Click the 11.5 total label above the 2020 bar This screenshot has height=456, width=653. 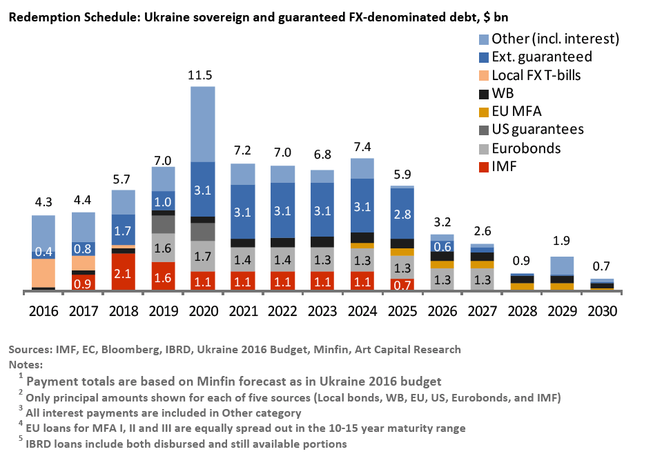point(202,74)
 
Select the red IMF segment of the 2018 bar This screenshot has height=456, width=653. point(123,271)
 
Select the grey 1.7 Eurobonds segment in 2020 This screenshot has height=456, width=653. point(202,256)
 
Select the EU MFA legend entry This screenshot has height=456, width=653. point(521,110)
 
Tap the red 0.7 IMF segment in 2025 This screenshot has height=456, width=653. point(402,284)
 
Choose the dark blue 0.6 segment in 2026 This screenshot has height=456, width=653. point(442,246)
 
